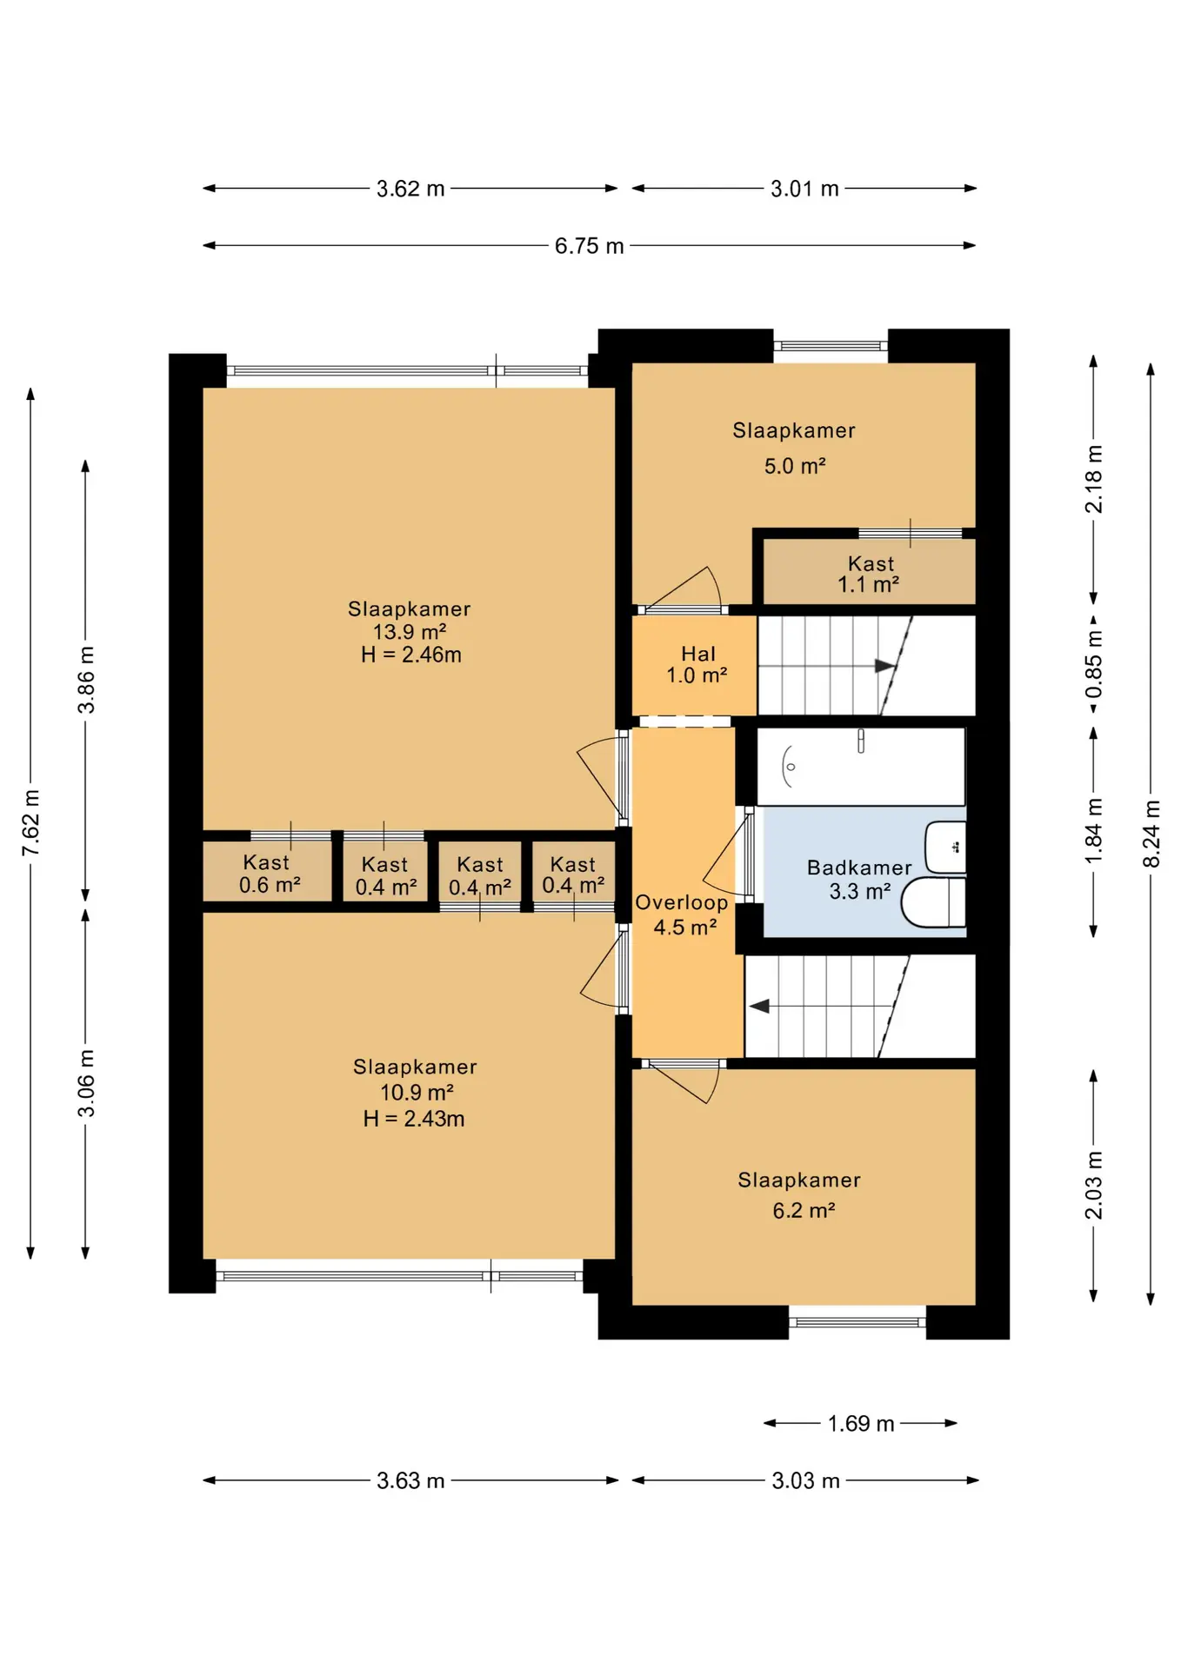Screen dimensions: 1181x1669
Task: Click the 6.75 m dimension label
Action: coord(589,246)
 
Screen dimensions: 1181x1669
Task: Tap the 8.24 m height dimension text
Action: coord(1151,834)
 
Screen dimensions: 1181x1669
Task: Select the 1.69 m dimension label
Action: coord(861,1423)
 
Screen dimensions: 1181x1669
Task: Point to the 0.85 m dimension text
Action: coord(1093,665)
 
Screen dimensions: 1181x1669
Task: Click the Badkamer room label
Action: coord(859,868)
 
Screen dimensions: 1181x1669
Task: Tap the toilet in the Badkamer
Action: coord(934,902)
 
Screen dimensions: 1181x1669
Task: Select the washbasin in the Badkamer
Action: coord(946,848)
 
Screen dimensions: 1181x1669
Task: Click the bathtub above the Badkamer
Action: coord(861,767)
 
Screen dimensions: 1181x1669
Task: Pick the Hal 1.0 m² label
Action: coord(697,665)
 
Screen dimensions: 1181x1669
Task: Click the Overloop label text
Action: coord(682,902)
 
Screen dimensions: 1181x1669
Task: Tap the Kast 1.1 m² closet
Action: coord(870,572)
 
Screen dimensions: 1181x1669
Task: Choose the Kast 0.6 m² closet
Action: coord(267,872)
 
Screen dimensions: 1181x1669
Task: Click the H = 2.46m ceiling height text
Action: coord(411,655)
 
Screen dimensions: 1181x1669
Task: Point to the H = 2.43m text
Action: coord(414,1119)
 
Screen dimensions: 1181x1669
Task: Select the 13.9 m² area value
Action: coord(410,632)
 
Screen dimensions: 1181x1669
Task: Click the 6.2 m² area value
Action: coord(804,1210)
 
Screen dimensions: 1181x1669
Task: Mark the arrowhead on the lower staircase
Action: coord(759,1007)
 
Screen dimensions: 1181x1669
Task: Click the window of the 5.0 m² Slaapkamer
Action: coord(831,346)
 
